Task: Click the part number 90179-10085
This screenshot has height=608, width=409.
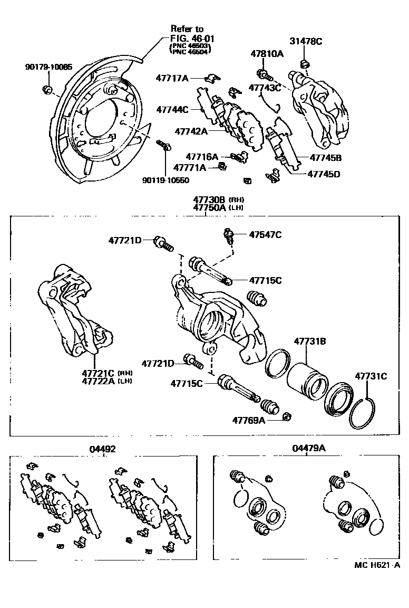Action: coord(49,67)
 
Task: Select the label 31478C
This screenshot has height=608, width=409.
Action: coord(305,41)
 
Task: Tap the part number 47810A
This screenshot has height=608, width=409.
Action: coord(266,53)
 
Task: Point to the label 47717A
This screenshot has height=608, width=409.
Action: coord(172,78)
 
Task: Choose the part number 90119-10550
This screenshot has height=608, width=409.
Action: coord(166,180)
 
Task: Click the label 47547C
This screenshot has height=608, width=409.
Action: coord(265,234)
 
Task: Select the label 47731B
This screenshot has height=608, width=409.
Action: coord(309,341)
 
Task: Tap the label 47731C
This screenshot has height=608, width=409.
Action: coord(371,376)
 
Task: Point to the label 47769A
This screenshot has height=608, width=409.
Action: coord(249,420)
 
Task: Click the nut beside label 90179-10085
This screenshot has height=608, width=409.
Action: coord(47,88)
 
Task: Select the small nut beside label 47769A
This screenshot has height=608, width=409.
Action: coord(287,416)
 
